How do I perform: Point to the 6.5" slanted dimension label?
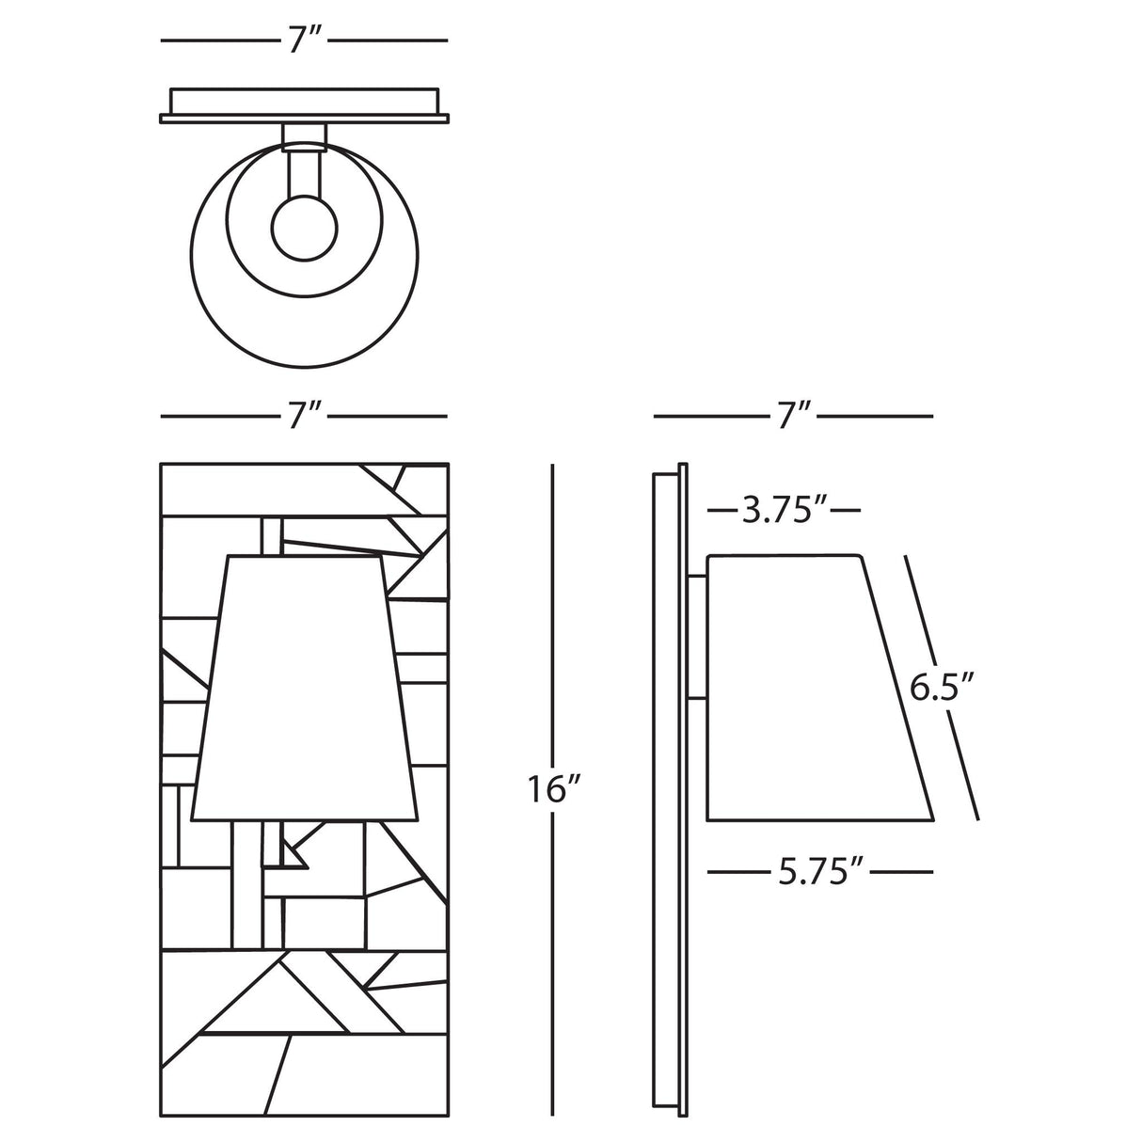tap(941, 689)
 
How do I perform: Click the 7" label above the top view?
tap(305, 40)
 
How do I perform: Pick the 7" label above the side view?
tap(794, 416)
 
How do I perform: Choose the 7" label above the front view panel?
tap(305, 416)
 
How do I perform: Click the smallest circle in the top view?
tap(304, 229)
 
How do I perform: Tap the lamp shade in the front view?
tap(305, 690)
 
